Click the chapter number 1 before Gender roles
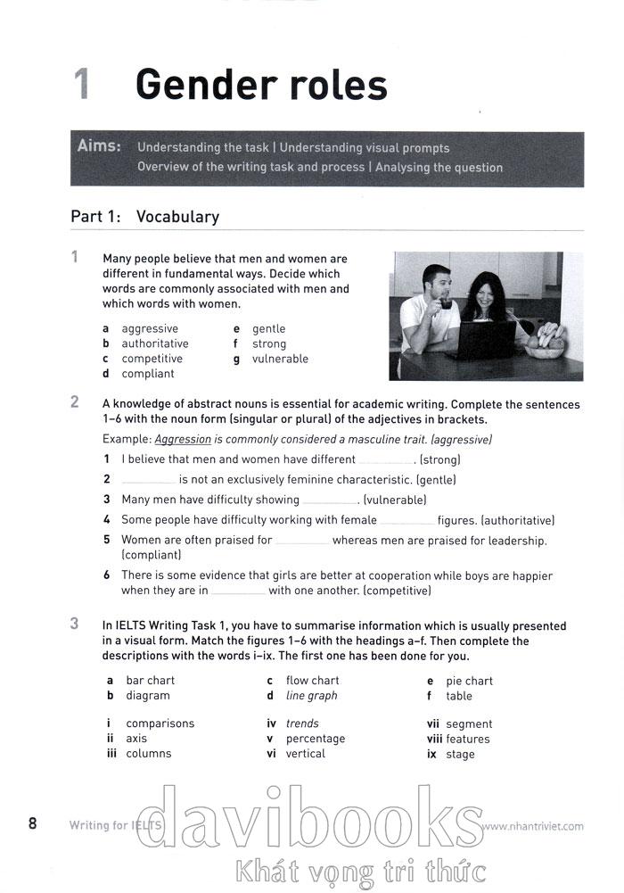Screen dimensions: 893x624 82,85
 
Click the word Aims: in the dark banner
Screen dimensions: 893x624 99,146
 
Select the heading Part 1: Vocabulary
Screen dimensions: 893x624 144,217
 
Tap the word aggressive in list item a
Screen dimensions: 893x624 150,329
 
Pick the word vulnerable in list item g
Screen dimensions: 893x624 280,359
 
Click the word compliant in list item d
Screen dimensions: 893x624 148,374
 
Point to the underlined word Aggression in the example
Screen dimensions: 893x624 183,440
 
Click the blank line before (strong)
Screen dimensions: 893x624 386,461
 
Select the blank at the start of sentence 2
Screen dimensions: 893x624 148,481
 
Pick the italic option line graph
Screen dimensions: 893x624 311,696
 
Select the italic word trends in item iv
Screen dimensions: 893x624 302,723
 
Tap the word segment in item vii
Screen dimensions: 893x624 469,724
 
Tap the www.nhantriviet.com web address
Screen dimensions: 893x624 532,826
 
